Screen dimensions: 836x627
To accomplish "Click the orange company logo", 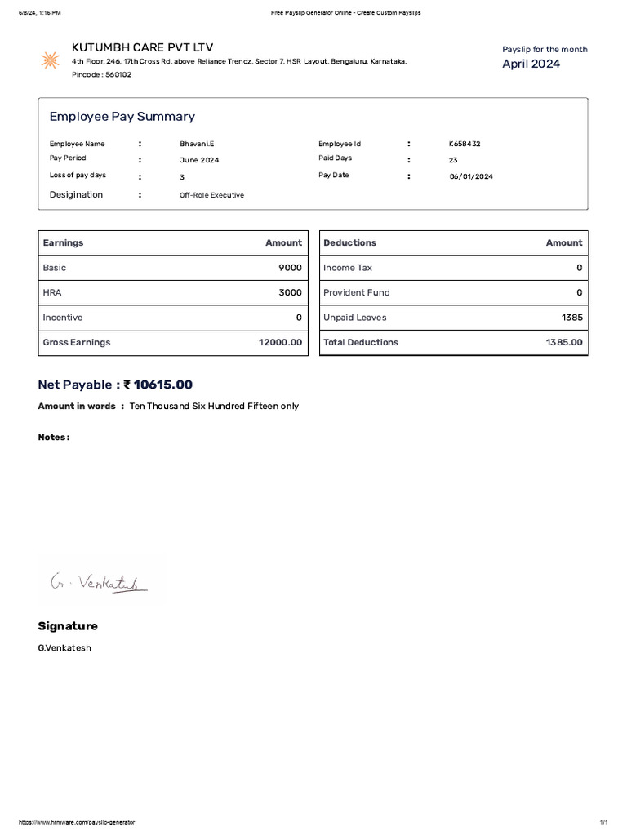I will tap(51, 60).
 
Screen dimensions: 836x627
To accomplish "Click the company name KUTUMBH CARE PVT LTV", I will tap(142, 48).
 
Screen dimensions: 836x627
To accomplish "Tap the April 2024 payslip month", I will tap(531, 64).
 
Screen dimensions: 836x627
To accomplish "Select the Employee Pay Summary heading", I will tap(122, 117).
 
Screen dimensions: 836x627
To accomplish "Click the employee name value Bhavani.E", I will tap(197, 144).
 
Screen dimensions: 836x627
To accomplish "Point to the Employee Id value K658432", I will tap(465, 144).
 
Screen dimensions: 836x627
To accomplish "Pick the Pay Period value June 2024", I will tap(199, 160).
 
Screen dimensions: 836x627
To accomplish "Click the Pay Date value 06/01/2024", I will tap(471, 176).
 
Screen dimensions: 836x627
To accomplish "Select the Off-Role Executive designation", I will tap(211, 195).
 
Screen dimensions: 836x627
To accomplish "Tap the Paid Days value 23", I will tap(453, 160).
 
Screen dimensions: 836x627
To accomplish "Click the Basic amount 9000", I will tap(290, 268).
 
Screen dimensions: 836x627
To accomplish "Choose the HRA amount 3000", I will tap(290, 292).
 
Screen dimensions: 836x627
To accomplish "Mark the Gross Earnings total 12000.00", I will tap(280, 342).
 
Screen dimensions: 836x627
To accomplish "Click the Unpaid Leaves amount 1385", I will tap(572, 318).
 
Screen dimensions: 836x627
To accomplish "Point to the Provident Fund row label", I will tap(356, 292).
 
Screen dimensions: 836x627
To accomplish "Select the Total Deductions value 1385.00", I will tap(564, 342).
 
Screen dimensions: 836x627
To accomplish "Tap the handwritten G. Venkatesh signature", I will tap(98, 582).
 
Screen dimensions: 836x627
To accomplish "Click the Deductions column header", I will tap(349, 242).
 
